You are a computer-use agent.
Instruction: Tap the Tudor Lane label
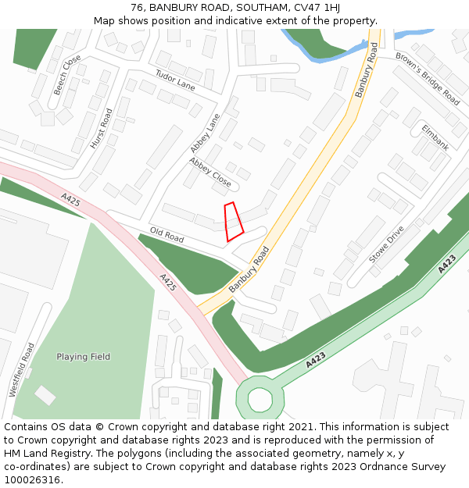(175, 80)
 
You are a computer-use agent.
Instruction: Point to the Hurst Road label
(102, 129)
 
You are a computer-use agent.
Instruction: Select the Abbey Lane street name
(205, 134)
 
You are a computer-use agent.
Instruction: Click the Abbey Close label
(210, 173)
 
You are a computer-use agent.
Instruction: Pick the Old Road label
(166, 234)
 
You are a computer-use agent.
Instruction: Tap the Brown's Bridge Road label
(427, 79)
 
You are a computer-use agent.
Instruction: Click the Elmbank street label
(435, 136)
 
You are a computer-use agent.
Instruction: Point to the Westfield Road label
(22, 369)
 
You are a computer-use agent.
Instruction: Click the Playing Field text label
(83, 357)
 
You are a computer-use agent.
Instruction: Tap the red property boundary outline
(234, 221)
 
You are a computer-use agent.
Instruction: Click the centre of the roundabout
(260, 399)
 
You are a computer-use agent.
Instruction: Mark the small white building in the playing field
(45, 395)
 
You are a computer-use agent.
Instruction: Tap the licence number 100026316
(30, 479)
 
